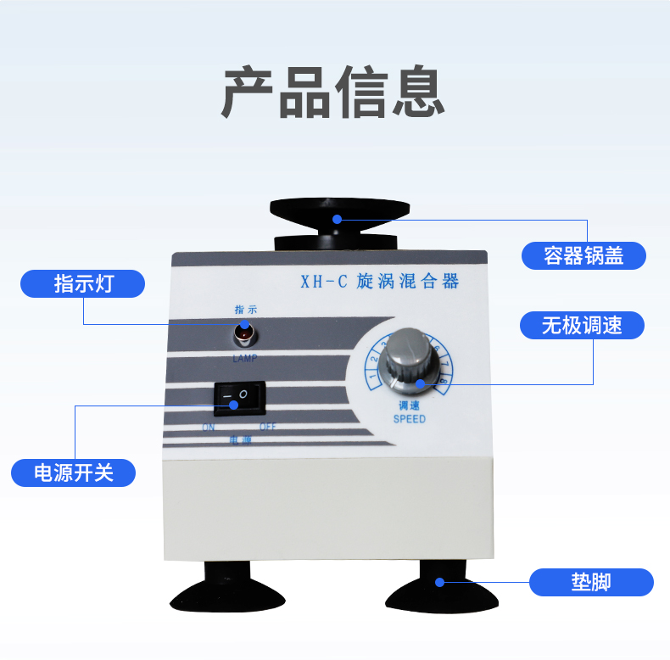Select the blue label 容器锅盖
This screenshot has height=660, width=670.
pyautogui.click(x=583, y=255)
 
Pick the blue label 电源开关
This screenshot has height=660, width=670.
pyautogui.click(x=74, y=473)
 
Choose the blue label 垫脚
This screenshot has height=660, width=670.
pyautogui.click(x=591, y=583)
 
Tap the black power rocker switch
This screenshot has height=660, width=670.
pyautogui.click(x=238, y=396)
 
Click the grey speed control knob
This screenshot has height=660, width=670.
pyautogui.click(x=410, y=366)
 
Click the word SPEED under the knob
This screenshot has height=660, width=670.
pyautogui.click(x=410, y=419)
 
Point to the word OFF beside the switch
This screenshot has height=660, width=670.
pyautogui.click(x=268, y=426)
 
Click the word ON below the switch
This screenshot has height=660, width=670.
pyautogui.click(x=209, y=427)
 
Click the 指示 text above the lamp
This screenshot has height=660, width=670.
pyautogui.click(x=245, y=310)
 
